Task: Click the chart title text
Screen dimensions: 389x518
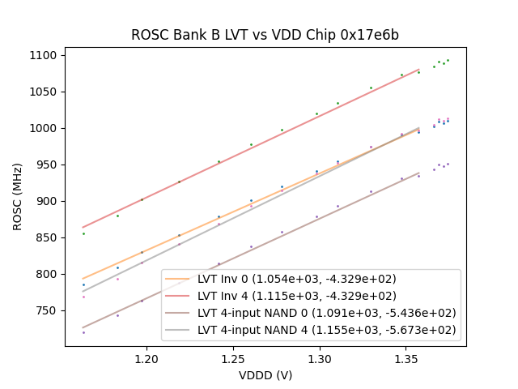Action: click(x=265, y=36)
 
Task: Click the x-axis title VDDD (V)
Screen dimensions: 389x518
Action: click(x=265, y=375)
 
